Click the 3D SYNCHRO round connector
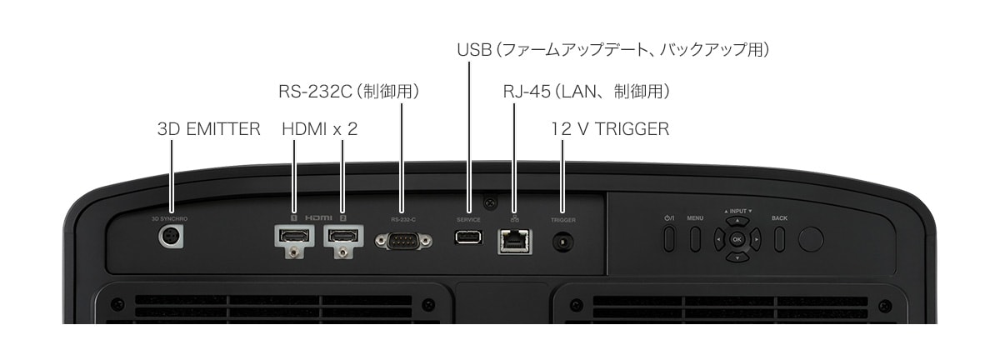pyautogui.click(x=171, y=237)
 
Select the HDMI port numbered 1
pyautogui.click(x=293, y=237)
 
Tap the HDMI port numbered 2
pyautogui.click(x=342, y=237)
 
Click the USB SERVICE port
pyautogui.click(x=468, y=237)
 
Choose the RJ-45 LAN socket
pyautogui.click(x=514, y=240)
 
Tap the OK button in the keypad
pyautogui.click(x=736, y=239)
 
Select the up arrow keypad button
pyautogui.click(x=736, y=222)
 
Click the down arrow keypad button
pyautogui.click(x=736, y=257)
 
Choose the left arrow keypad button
pyautogui.click(x=717, y=240)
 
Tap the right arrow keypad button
pyautogui.click(x=755, y=240)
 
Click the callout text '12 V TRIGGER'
pyautogui.click(x=610, y=129)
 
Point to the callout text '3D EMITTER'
pyautogui.click(x=208, y=129)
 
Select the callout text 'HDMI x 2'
pyautogui.click(x=319, y=129)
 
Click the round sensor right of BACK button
pyautogui.click(x=810, y=239)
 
